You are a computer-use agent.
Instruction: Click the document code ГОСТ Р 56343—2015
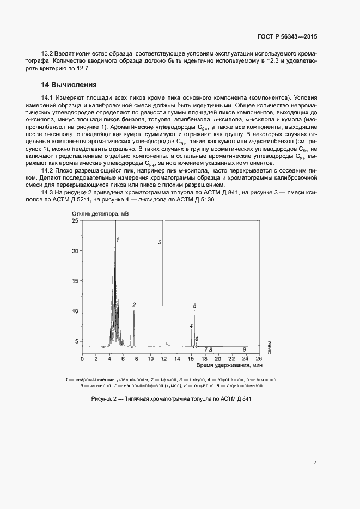(287, 37)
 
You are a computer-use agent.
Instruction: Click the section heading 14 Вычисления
(69, 85)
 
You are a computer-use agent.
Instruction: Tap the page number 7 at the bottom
(315, 463)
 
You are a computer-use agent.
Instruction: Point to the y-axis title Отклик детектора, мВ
(99, 214)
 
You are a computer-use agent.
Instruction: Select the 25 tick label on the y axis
(75, 220)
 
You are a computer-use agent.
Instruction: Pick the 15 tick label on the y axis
(75, 281)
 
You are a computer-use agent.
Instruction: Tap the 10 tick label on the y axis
(75, 311)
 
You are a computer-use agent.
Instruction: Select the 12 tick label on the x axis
(163, 359)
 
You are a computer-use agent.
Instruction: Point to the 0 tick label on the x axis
(82, 359)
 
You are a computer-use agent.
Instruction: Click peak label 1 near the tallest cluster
(117, 240)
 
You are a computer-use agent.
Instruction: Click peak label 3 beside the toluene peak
(160, 242)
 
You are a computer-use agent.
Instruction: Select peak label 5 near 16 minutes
(194, 306)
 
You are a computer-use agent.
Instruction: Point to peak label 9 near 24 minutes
(244, 349)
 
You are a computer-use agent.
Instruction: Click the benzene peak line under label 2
(134, 327)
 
